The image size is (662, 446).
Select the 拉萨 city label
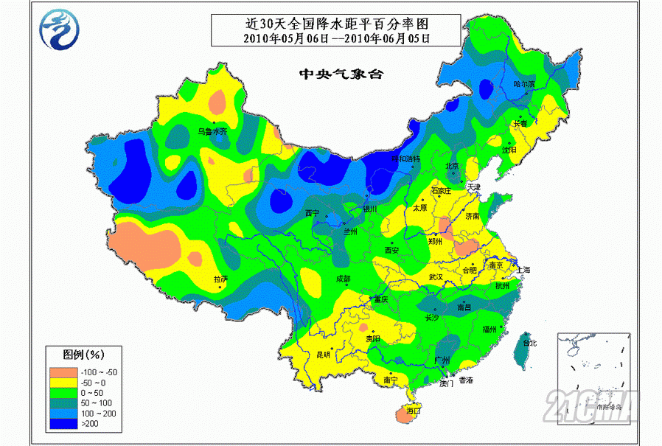(220, 279)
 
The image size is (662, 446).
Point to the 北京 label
(452, 166)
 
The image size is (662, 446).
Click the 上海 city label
(524, 270)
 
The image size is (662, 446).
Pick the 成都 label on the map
(343, 279)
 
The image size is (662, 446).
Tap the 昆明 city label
(323, 355)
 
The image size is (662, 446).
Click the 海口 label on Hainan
(413, 410)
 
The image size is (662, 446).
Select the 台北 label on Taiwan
(529, 344)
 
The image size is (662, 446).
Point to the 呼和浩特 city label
(405, 158)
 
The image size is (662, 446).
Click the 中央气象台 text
(341, 74)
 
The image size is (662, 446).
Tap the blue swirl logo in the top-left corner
(58, 30)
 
